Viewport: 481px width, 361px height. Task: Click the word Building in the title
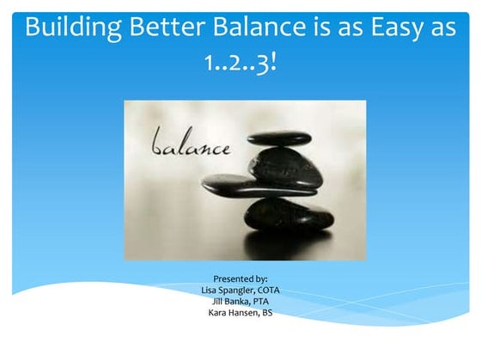coord(72,27)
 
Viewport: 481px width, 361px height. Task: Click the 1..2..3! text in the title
coord(240,64)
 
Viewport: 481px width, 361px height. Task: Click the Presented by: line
coord(240,279)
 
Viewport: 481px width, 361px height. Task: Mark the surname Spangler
coord(237,291)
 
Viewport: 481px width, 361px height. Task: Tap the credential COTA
coord(270,291)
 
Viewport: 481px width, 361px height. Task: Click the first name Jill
coord(219,302)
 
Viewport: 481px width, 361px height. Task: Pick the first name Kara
coord(216,313)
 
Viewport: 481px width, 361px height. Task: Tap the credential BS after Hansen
coord(267,313)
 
